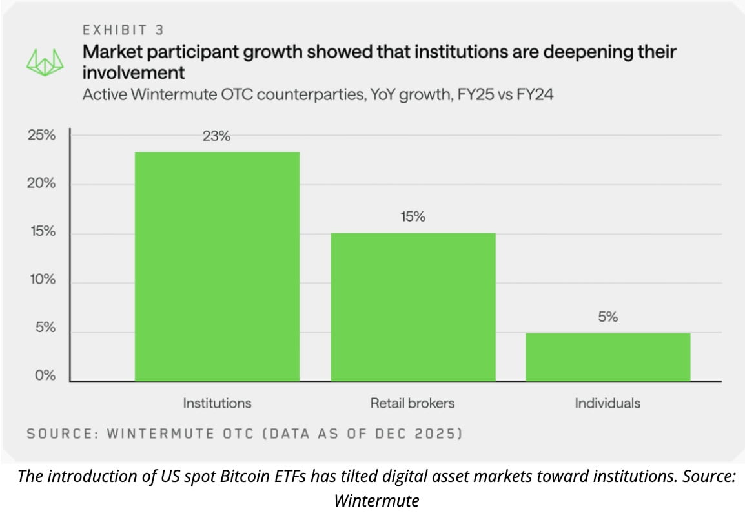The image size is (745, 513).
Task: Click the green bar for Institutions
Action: point(217,266)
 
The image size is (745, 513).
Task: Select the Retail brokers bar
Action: point(413,307)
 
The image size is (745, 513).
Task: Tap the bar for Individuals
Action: point(608,357)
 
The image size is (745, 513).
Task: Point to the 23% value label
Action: point(216,136)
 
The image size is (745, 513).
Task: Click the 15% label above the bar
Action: point(413,217)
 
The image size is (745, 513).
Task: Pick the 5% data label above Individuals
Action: point(608,317)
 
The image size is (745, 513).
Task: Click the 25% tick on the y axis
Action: point(41,136)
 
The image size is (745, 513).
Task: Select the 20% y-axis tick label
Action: point(41,184)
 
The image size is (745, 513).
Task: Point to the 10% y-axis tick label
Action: point(41,280)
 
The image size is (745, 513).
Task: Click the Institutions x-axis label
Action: point(217,403)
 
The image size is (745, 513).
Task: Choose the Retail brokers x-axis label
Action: point(413,403)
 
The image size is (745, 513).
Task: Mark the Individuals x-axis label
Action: point(608,403)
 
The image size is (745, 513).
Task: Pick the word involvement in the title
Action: point(134,72)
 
